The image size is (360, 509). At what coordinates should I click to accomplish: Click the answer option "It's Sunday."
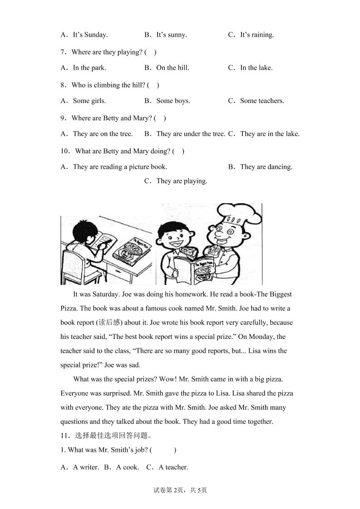(90, 34)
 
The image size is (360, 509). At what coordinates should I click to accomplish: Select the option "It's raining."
(257, 34)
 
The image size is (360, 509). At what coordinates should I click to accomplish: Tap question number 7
(64, 52)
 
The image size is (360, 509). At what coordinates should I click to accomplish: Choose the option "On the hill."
(173, 68)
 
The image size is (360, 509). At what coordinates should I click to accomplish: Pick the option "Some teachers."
(262, 101)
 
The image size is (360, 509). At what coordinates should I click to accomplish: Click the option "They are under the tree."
(191, 133)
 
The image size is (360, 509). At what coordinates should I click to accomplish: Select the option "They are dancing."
(266, 166)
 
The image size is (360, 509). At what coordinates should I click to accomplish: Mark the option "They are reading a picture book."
(120, 166)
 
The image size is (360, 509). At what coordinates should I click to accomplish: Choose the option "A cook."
(128, 467)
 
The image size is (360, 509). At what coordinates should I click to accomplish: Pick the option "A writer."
(86, 467)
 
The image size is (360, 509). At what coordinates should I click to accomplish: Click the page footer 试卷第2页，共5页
(180, 490)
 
